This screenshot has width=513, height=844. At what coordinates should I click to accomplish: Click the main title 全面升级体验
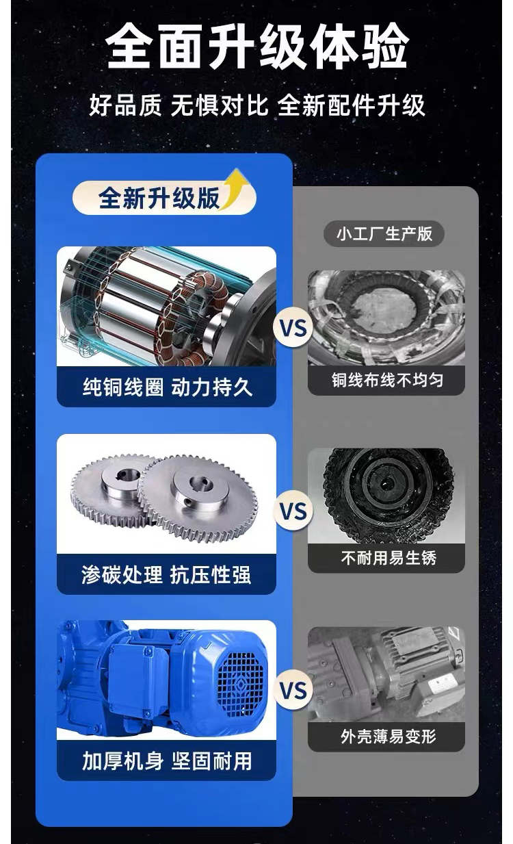[x=257, y=47]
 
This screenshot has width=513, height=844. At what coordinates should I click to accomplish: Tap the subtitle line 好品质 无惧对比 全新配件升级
[x=257, y=105]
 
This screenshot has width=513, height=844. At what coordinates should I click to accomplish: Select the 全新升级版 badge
[x=164, y=197]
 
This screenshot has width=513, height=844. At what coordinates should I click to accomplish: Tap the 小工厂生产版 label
[x=384, y=233]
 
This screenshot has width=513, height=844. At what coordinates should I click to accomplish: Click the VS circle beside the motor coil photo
[x=293, y=328]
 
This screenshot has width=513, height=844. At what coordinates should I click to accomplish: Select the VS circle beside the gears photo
[x=293, y=511]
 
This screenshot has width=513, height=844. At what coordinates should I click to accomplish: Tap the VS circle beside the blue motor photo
[x=293, y=690]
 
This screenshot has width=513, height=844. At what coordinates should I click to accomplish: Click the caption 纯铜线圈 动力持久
[x=167, y=387]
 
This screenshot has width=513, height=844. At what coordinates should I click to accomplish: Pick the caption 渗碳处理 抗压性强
[x=166, y=575]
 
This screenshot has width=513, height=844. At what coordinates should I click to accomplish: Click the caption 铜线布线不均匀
[x=387, y=380]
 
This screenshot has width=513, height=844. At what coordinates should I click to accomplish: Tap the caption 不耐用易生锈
[x=389, y=558]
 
